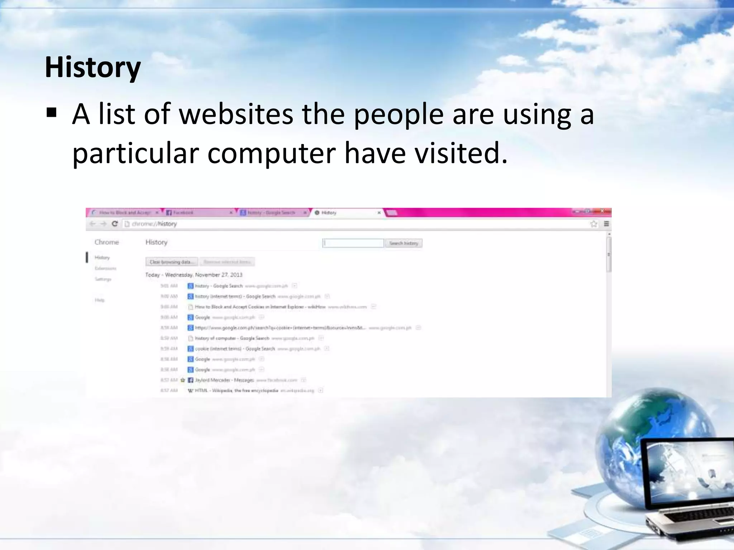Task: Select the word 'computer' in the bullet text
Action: pos(271,153)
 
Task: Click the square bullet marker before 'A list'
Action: pos(52,114)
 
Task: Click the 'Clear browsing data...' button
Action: pos(172,262)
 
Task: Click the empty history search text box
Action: pos(353,243)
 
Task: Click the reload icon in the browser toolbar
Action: pos(115,224)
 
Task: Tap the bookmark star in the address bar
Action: pos(594,224)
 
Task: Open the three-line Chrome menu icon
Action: pos(606,224)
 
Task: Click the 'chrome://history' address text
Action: pos(154,224)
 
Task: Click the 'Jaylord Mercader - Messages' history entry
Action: pos(224,380)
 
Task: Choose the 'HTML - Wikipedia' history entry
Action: pos(237,390)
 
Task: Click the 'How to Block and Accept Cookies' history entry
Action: pos(260,307)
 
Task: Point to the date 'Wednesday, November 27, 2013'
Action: pos(204,275)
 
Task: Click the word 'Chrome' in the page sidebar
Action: pos(106,242)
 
